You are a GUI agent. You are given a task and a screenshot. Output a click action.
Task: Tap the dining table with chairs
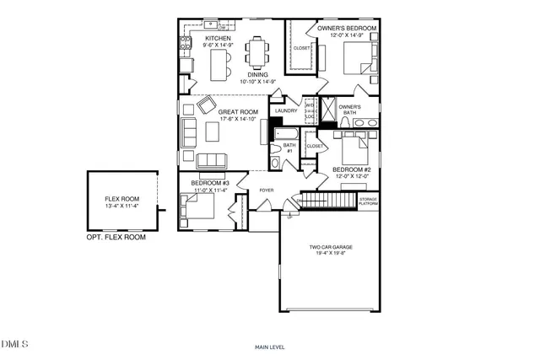pos(256,52)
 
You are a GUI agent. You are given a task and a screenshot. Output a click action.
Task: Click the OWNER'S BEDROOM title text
pos(346,28)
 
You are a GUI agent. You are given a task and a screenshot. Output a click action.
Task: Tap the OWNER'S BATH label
pos(349,110)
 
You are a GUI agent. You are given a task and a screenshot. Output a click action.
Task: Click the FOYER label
pos(267,191)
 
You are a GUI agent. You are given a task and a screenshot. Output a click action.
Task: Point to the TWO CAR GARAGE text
pos(331,247)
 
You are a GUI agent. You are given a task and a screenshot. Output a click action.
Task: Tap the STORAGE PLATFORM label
pos(368,201)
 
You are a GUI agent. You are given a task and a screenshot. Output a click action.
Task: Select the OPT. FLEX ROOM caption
pos(116,238)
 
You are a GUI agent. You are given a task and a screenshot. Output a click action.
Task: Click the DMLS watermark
pos(14,344)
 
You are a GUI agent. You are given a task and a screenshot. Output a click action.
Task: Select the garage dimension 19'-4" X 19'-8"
pos(331,254)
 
